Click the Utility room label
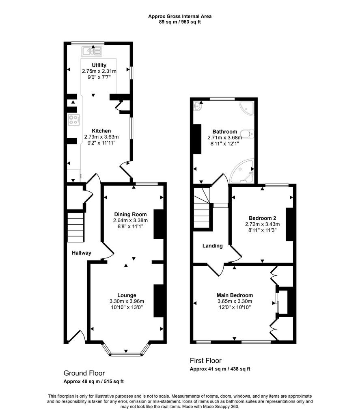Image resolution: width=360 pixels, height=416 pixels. coord(99,65)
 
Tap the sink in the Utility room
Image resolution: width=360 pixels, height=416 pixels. coord(92,51)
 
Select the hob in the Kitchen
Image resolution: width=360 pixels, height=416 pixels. coord(73,119)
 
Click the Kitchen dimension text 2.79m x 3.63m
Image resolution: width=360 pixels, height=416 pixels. coord(101,137)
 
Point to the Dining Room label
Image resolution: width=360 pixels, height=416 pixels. coord(130,214)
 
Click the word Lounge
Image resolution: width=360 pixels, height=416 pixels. coord(127,295)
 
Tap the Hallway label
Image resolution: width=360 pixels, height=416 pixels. coord(82,253)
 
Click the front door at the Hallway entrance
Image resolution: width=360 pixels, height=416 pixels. coord(76,336)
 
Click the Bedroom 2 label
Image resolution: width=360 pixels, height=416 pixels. coord(263,218)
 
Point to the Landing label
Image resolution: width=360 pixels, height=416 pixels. coord(212,246)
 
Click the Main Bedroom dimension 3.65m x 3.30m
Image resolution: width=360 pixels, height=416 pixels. coord(235,301)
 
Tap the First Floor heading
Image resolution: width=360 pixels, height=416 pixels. coord(206,361)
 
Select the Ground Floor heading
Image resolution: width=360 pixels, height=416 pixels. coord(84,373)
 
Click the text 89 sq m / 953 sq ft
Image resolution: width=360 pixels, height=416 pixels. coord(180,22)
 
